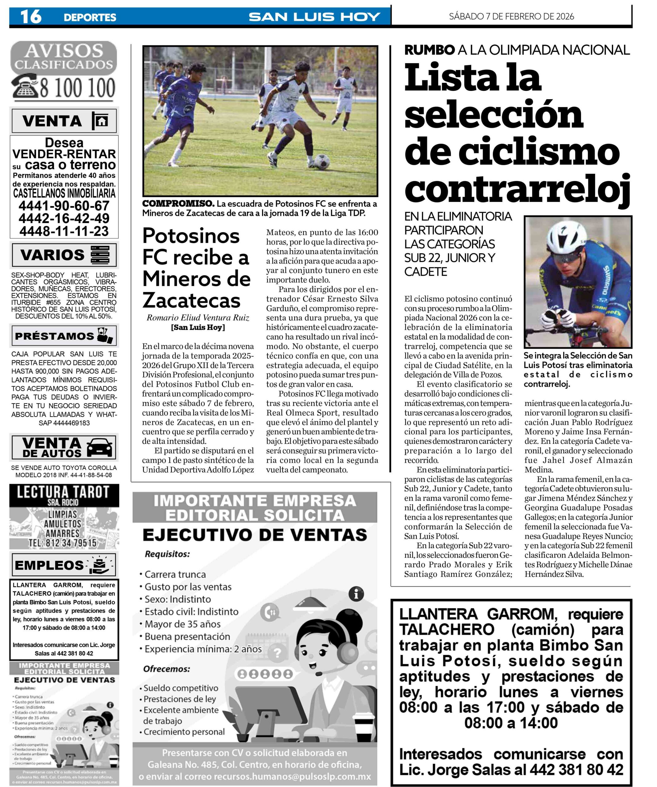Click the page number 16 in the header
click(x=31, y=17)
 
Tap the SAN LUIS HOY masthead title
click(x=314, y=17)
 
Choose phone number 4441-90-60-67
click(x=64, y=206)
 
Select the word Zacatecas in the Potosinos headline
click(x=191, y=300)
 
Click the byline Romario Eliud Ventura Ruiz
click(x=198, y=318)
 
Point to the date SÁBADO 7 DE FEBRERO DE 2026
click(x=511, y=17)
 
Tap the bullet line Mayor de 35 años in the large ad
click(x=183, y=624)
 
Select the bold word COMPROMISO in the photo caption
click(x=178, y=204)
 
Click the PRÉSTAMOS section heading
click(x=54, y=336)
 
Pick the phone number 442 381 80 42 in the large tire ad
click(x=577, y=770)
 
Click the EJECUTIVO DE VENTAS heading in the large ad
click(x=255, y=535)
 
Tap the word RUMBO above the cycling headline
click(x=429, y=50)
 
